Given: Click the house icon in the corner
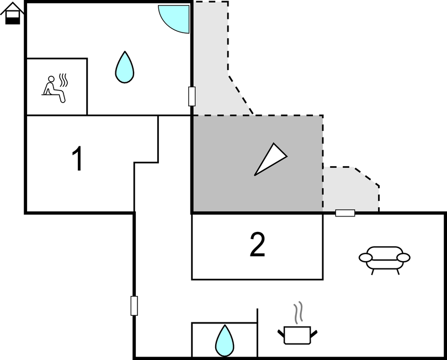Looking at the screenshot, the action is click(12, 13).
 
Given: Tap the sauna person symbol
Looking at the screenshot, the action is click(54, 89).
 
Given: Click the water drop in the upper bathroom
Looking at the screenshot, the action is click(125, 67).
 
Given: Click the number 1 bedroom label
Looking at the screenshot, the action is click(77, 158).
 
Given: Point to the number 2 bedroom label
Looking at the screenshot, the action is click(257, 245).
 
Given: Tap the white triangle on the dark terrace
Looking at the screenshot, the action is click(270, 159).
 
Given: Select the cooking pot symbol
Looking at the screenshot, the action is click(297, 335).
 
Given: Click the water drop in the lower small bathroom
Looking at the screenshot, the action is click(225, 341).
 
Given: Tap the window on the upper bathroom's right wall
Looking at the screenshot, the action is click(192, 97).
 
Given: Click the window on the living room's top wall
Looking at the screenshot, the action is click(345, 213).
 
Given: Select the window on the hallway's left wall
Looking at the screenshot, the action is click(134, 306).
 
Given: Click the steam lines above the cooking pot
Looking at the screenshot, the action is click(298, 313).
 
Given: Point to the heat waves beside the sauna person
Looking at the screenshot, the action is click(63, 80).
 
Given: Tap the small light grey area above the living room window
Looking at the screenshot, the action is click(350, 190).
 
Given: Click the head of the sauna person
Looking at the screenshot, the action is click(51, 79).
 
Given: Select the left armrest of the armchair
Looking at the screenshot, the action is click(365, 258).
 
